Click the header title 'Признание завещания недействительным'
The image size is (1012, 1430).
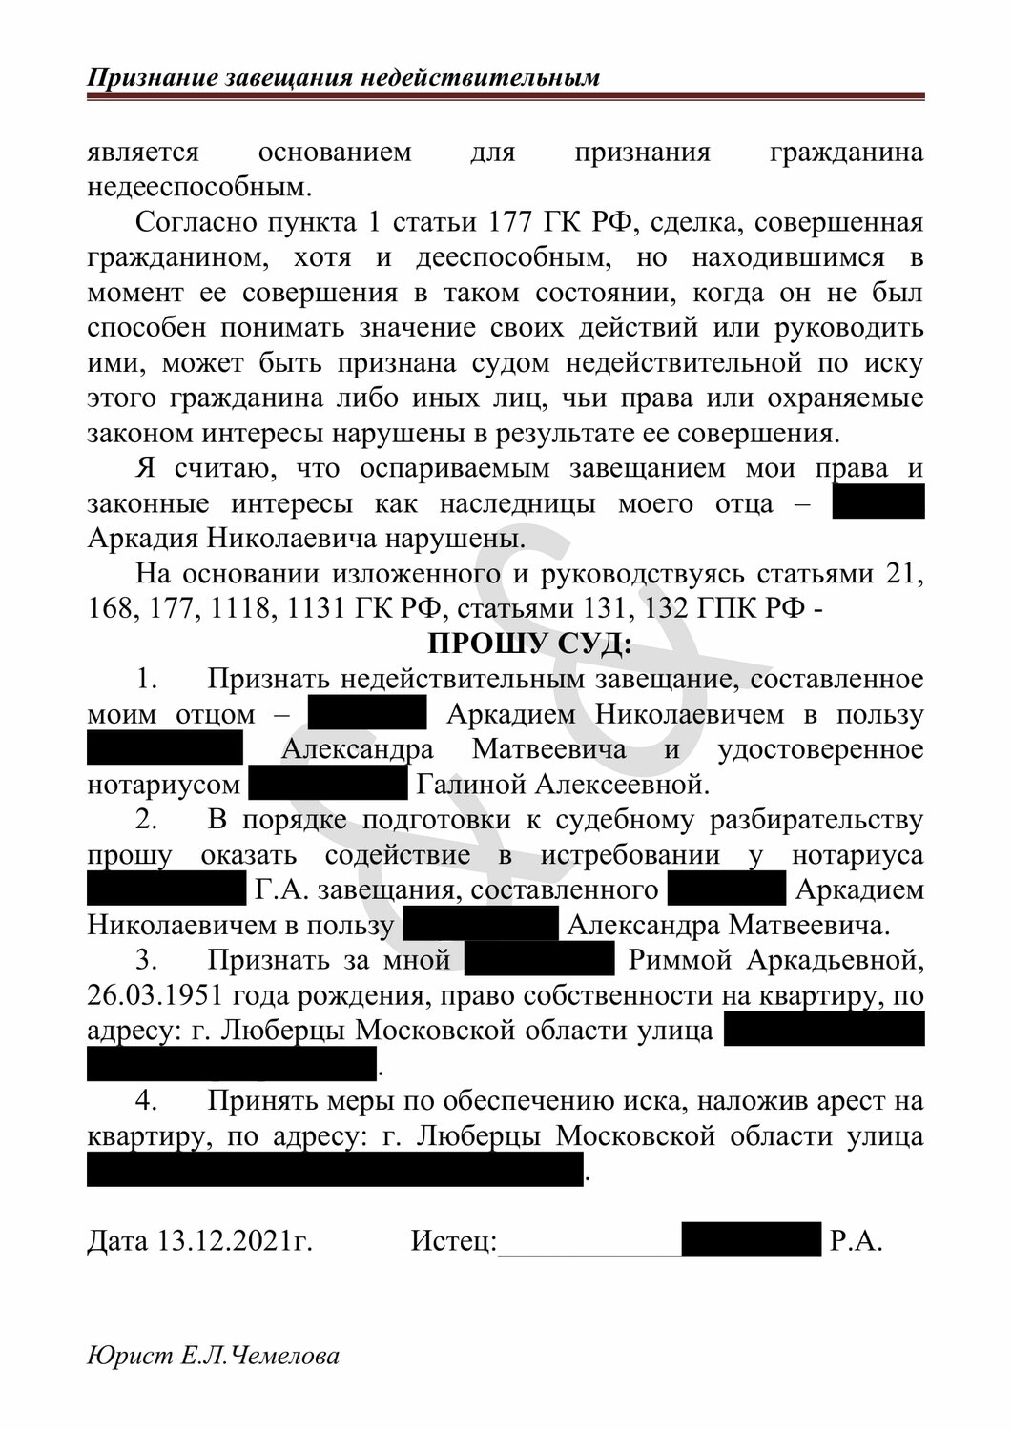tap(343, 77)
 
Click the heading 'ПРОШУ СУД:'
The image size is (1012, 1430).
tap(529, 643)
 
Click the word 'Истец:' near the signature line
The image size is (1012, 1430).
tap(454, 1241)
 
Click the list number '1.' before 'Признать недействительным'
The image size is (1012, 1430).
tap(146, 679)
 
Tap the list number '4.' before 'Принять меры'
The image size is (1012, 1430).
tap(146, 1101)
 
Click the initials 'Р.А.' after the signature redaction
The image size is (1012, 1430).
tap(857, 1241)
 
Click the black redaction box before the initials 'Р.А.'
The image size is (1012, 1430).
tap(752, 1239)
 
